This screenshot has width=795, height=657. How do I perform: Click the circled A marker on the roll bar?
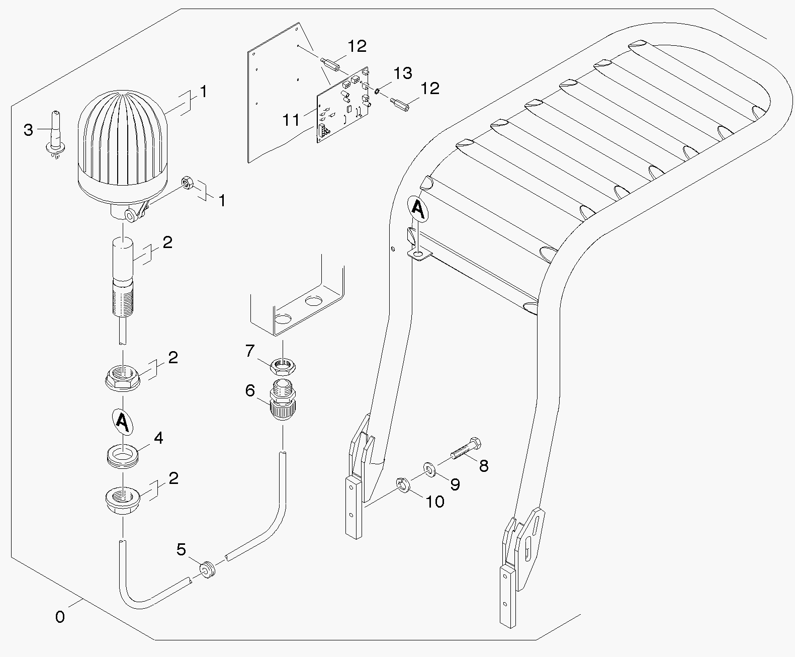(x=418, y=207)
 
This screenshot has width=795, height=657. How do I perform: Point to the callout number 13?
(x=402, y=73)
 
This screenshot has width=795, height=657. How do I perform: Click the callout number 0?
(x=60, y=617)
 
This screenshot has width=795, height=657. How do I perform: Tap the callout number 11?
(x=291, y=120)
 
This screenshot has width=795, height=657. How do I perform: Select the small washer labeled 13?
(x=378, y=91)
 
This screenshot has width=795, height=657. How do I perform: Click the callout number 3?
(x=28, y=130)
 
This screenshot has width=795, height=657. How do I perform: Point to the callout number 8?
(x=484, y=466)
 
